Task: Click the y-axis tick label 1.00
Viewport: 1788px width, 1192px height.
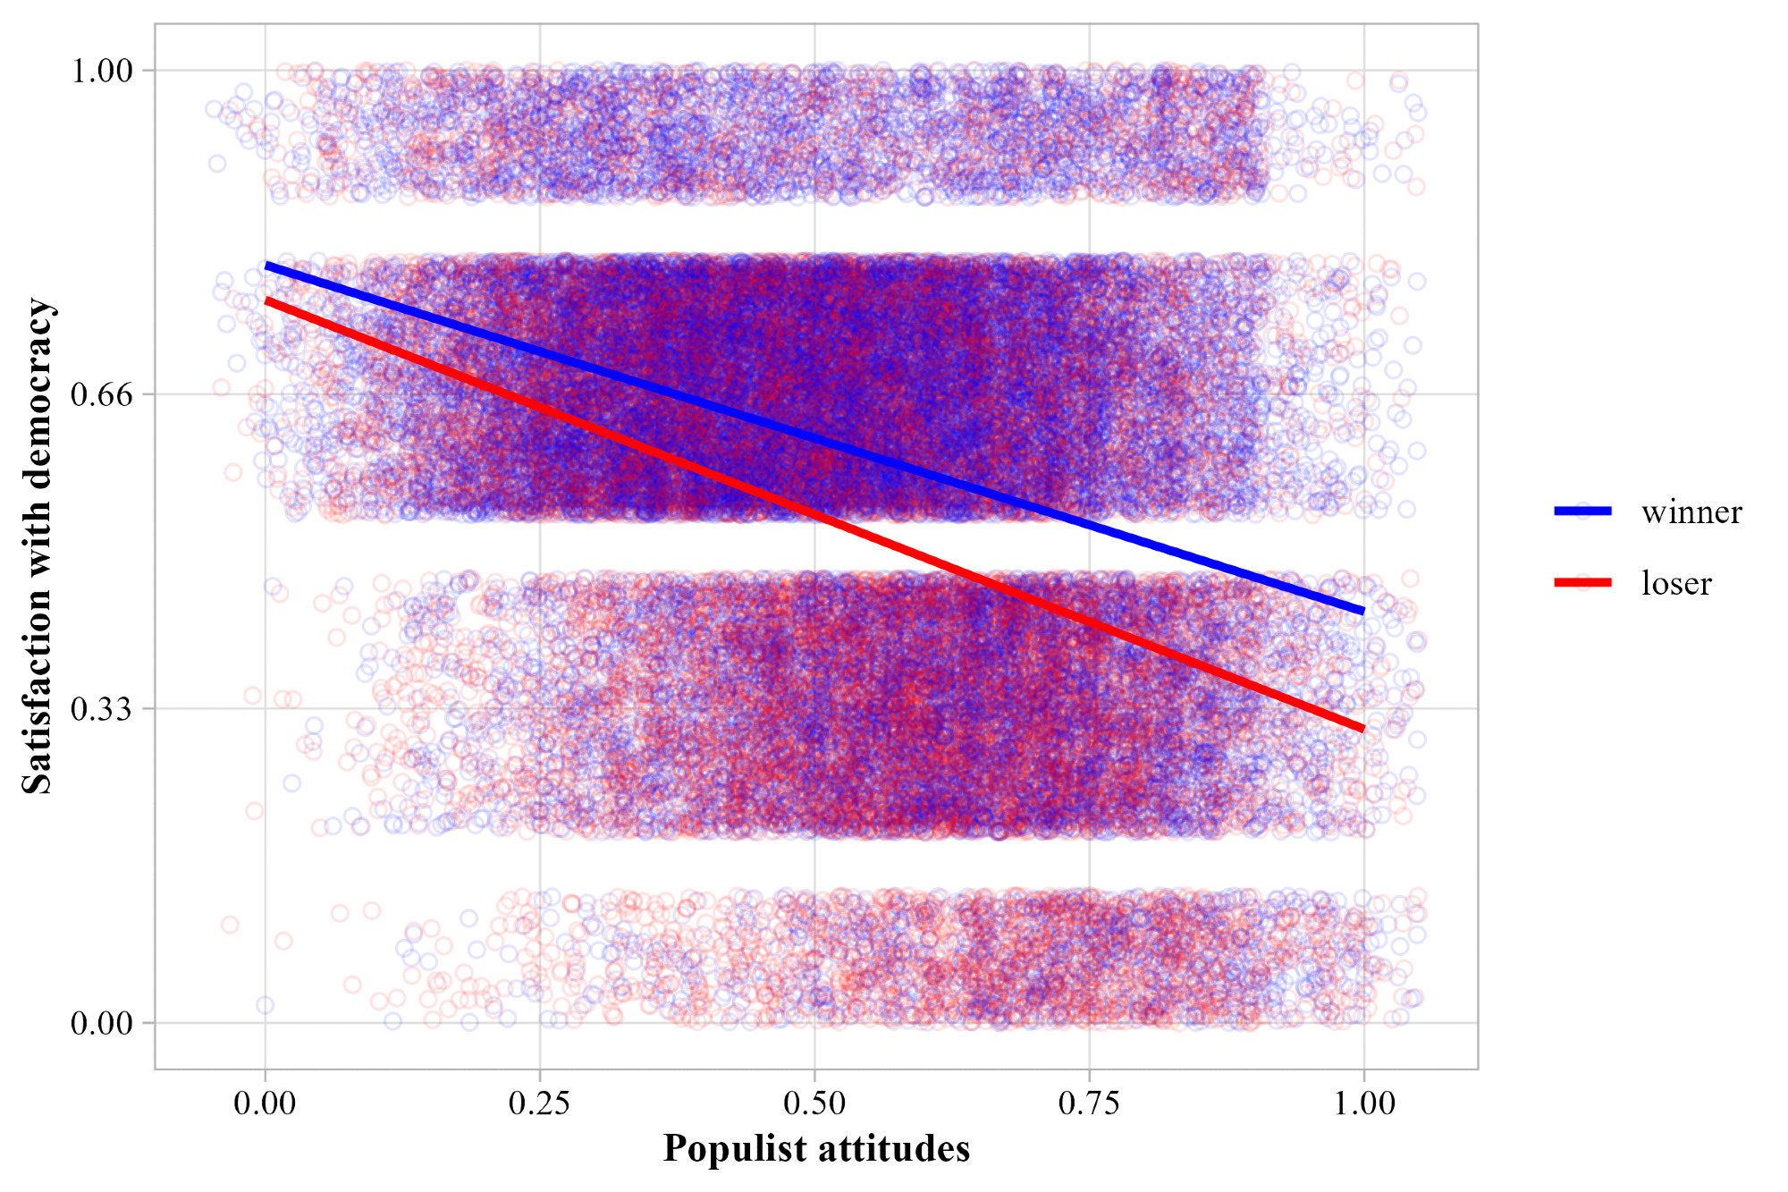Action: point(101,71)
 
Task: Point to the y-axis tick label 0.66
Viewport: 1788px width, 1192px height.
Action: point(101,394)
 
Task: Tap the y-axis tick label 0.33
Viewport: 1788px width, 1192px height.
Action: point(101,709)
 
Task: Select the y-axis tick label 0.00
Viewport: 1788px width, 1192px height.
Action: point(101,1023)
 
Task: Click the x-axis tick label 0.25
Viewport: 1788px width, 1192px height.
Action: point(539,1103)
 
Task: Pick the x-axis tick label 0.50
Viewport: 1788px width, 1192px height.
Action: point(814,1103)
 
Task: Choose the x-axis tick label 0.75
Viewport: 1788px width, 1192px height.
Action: point(1089,1103)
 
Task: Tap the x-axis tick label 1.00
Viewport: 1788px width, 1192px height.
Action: point(1364,1103)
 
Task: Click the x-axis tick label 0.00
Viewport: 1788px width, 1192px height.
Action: point(265,1103)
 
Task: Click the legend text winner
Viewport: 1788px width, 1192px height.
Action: point(1691,512)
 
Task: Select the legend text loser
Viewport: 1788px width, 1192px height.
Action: point(1676,583)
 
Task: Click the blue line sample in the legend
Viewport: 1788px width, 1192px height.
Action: point(1582,511)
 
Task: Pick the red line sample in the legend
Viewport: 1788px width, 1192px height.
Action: point(1582,582)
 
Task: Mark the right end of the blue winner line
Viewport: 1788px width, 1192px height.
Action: point(1362,611)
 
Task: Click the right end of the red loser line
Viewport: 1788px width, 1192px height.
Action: point(1362,729)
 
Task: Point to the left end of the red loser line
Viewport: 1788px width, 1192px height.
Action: point(266,301)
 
